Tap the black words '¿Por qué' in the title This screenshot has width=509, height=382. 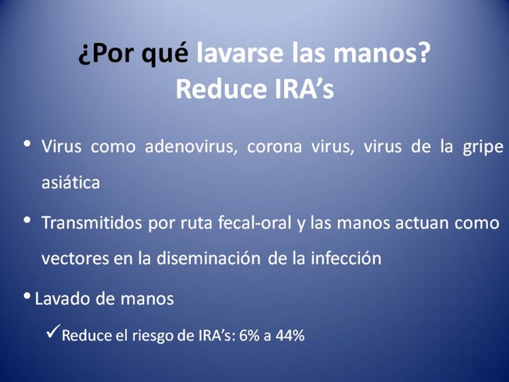133,54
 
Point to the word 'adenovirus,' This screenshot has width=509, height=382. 191,146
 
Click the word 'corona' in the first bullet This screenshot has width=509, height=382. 274,147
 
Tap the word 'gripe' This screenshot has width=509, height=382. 483,148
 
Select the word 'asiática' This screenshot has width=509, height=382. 71,183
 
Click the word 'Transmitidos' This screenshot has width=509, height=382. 91,223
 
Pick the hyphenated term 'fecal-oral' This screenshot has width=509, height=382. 255,223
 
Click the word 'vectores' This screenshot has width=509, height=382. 75,259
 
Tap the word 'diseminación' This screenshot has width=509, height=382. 209,258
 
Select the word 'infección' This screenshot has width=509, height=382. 346,257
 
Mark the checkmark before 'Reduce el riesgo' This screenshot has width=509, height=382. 53,331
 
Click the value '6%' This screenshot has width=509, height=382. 250,335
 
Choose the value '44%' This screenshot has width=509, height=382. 290,335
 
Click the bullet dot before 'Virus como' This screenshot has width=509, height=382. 28,143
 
